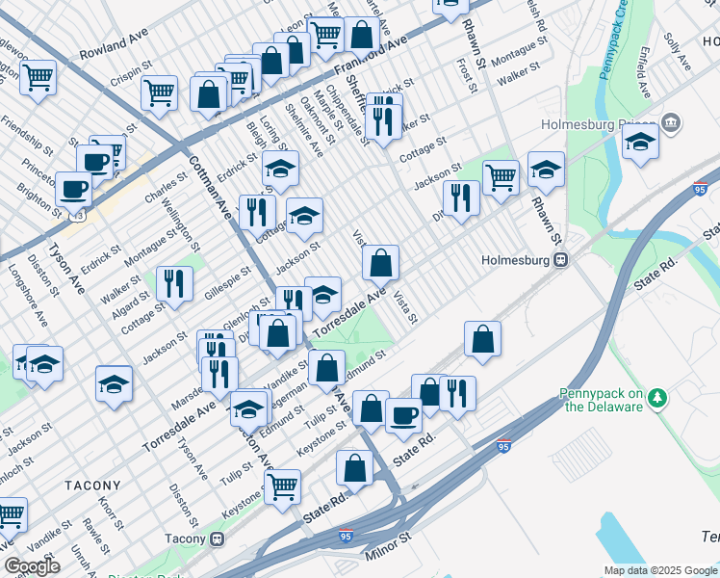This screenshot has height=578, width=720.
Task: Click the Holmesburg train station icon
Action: pyautogui.click(x=559, y=260)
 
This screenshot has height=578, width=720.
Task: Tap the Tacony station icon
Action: pyautogui.click(x=219, y=539)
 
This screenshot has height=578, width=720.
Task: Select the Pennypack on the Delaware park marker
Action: pyautogui.click(x=657, y=397)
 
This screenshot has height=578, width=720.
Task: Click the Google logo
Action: pyautogui.click(x=32, y=565)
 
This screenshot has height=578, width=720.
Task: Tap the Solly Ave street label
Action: pyautogui.click(x=678, y=56)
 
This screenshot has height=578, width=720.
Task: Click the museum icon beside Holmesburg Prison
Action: pyautogui.click(x=672, y=123)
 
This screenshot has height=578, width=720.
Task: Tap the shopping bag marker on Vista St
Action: pyautogui.click(x=381, y=262)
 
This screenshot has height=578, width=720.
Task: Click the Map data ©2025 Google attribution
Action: pyautogui.click(x=660, y=570)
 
